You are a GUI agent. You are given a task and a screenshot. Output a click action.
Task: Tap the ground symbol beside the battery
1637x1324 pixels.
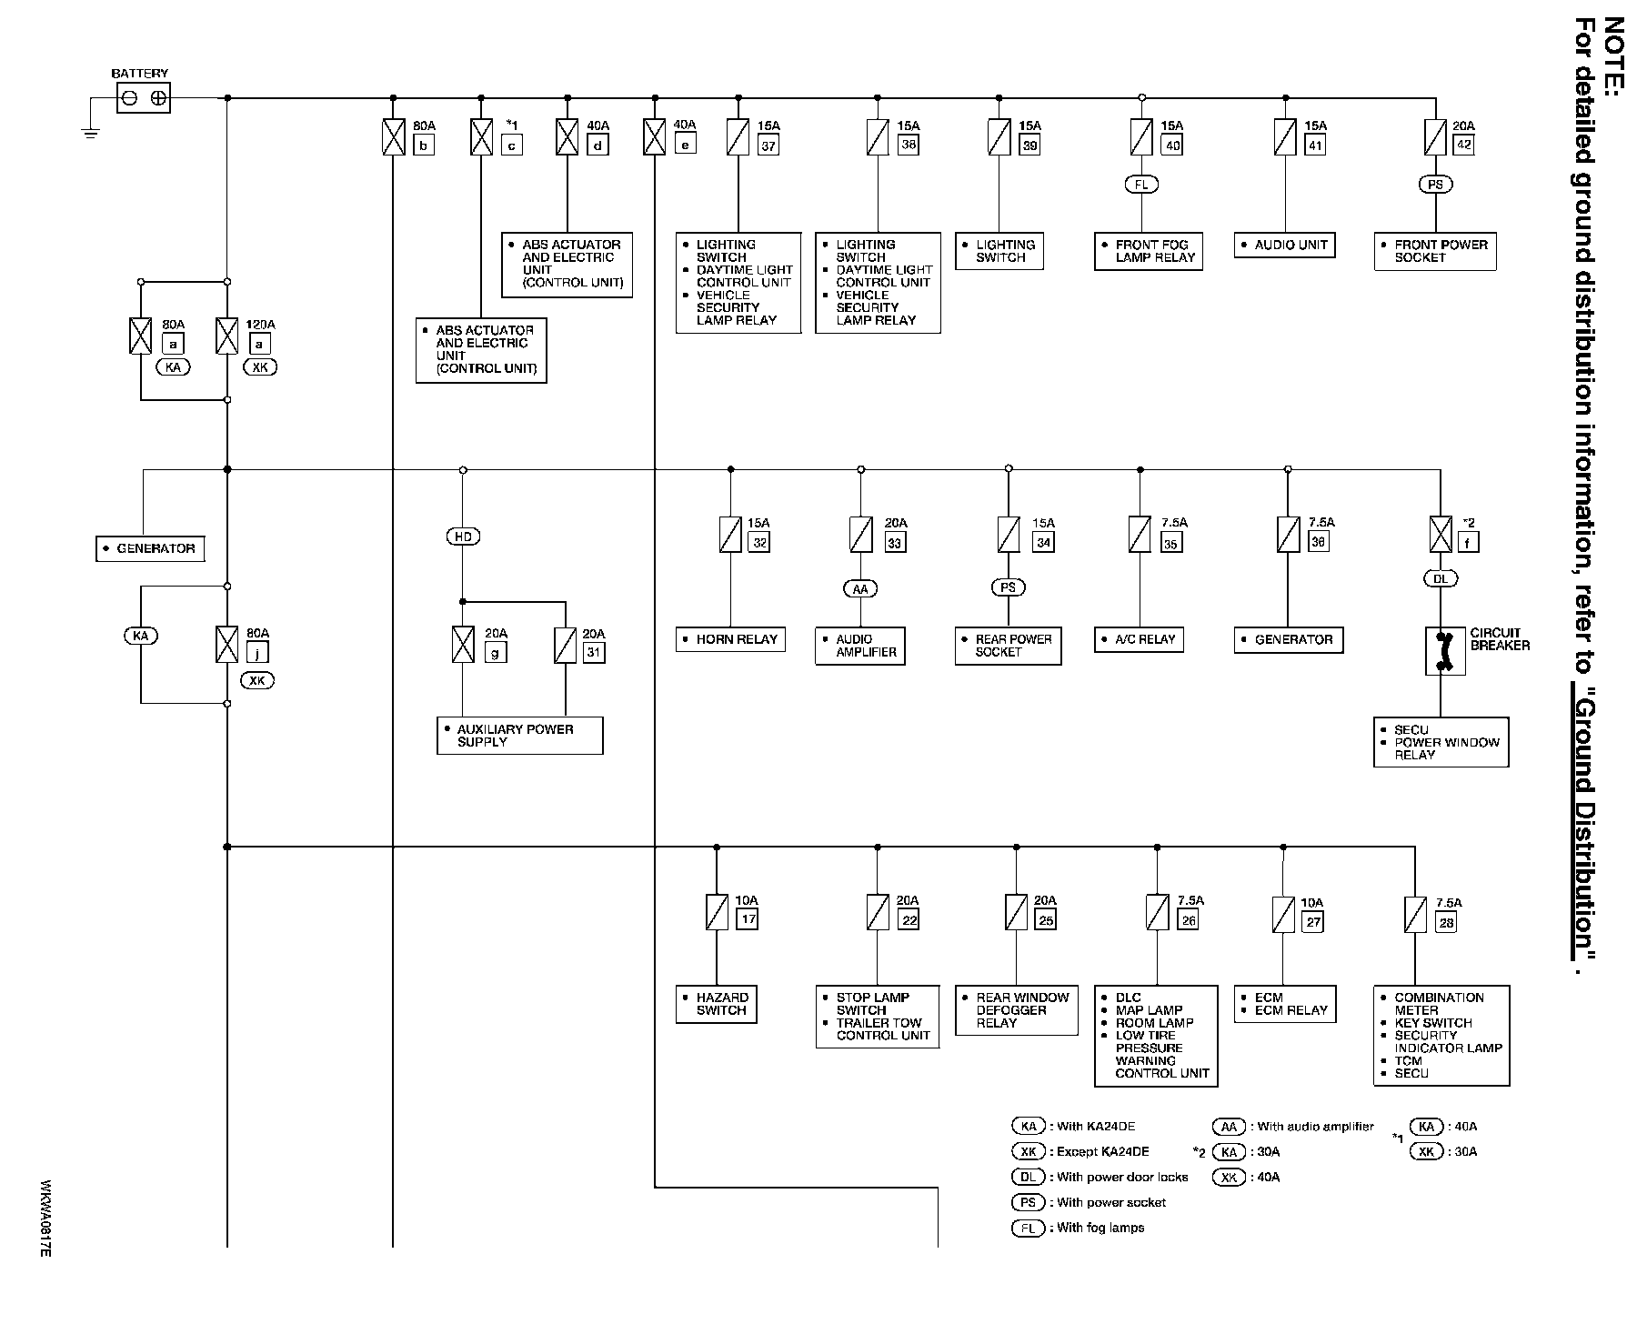coord(90,131)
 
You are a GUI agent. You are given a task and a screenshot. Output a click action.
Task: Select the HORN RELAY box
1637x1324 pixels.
coord(730,639)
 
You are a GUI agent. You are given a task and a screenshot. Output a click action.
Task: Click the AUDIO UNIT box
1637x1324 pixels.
coord(1284,245)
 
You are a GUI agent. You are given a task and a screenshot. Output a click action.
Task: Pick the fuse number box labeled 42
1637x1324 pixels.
coord(1463,144)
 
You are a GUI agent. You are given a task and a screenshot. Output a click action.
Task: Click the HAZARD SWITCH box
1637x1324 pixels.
coord(716,1004)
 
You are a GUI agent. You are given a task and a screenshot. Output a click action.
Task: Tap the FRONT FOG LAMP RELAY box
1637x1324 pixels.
coord(1149,251)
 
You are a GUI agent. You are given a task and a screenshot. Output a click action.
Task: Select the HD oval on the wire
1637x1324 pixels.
coord(463,537)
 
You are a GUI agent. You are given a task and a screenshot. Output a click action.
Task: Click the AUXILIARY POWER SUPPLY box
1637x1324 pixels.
coord(519,736)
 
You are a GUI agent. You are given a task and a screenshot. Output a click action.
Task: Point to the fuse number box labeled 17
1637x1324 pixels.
coord(748,919)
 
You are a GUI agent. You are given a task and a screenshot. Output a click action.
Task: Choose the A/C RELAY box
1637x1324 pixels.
coord(1139,639)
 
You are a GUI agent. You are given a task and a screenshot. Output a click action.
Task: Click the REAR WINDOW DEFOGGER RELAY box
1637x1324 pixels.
coord(1016,1010)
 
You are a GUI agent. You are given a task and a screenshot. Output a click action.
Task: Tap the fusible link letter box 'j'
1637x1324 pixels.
coord(257,652)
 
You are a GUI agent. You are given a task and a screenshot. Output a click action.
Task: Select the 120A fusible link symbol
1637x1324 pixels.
coord(226,336)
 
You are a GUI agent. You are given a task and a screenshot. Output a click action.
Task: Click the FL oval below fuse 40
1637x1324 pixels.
coord(1141,185)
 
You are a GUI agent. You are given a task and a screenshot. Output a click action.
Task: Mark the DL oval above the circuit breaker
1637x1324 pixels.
coord(1441,578)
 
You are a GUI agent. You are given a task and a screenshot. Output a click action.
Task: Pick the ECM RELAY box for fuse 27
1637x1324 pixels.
coord(1284,1004)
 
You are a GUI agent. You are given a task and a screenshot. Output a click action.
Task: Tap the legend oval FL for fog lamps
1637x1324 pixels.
coord(1028,1228)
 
